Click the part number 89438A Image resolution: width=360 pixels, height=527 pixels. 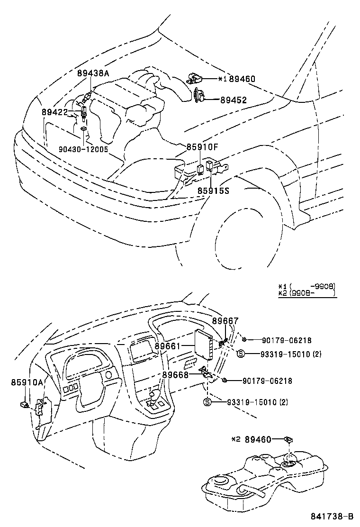(93, 73)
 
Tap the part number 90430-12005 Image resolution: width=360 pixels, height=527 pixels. (83, 149)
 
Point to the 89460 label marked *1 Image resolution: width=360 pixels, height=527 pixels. (242, 79)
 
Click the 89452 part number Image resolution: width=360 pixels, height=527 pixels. (237, 100)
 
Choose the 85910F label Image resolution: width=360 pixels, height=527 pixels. (201, 147)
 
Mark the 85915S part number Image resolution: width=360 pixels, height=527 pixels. (213, 191)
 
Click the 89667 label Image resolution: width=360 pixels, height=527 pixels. (225, 321)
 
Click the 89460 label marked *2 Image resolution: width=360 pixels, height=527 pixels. (258, 440)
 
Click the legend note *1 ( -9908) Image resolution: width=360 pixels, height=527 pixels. (307, 286)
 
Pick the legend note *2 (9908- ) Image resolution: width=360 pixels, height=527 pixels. (307, 293)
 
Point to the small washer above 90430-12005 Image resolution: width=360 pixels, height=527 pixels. (83, 129)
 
